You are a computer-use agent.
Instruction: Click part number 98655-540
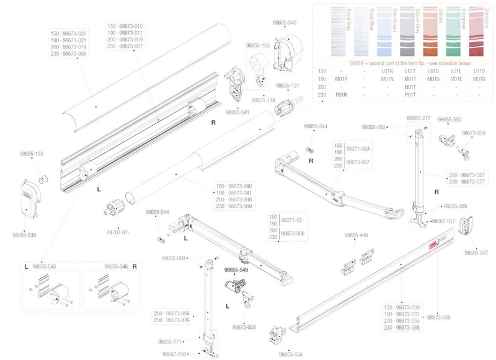click(285, 23)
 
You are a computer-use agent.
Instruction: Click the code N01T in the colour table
click(410, 87)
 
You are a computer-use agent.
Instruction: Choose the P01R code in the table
click(341, 94)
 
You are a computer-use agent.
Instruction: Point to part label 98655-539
click(24, 235)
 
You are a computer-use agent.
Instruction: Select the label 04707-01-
click(118, 232)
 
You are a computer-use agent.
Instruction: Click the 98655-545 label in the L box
click(44, 266)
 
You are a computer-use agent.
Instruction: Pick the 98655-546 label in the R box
click(116, 266)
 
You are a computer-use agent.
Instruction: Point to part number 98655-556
click(291, 354)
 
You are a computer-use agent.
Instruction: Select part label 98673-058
click(244, 327)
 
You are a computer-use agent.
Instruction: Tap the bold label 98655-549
click(235, 270)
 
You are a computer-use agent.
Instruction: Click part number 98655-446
click(356, 235)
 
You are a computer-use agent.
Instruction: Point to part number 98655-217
click(418, 118)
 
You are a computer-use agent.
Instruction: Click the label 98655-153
click(258, 45)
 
